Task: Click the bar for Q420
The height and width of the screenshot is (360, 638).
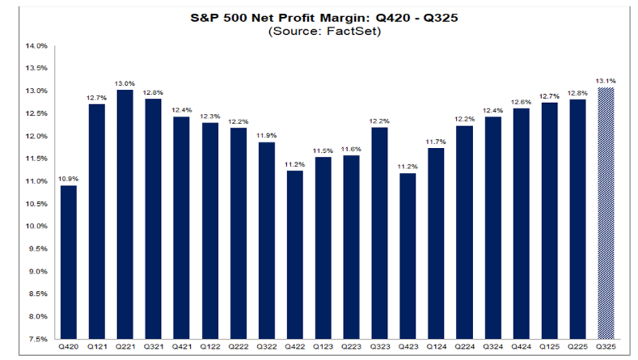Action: [x=69, y=262]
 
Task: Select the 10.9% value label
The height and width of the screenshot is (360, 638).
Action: [x=69, y=179]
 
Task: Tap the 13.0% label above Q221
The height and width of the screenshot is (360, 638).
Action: [x=125, y=83]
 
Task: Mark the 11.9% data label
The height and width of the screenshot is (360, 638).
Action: [x=267, y=136]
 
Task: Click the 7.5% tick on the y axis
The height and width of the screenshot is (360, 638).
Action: [x=37, y=339]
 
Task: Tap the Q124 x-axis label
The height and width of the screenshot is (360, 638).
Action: [x=436, y=347]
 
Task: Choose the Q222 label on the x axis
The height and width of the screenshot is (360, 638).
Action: [x=238, y=347]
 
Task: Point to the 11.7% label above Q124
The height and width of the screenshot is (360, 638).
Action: [x=436, y=141]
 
